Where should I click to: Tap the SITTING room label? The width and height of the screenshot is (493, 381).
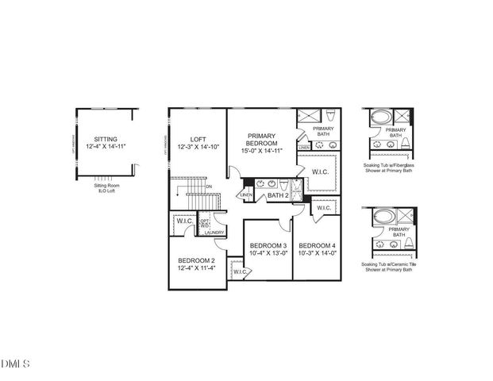[x=105, y=137]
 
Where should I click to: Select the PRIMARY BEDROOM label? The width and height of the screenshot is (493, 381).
[x=260, y=140]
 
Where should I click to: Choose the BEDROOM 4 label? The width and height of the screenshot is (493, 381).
[x=316, y=245]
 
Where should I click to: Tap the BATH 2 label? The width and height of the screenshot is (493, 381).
[x=276, y=195]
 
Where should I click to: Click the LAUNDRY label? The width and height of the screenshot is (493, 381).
[x=213, y=233]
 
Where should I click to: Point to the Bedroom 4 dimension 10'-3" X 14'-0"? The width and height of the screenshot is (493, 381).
[x=316, y=254]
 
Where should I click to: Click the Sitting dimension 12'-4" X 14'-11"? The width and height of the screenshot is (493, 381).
[x=105, y=147]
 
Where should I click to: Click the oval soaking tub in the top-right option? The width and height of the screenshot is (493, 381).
[x=381, y=117]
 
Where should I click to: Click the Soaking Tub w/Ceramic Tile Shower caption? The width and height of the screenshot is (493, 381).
[x=387, y=267]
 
